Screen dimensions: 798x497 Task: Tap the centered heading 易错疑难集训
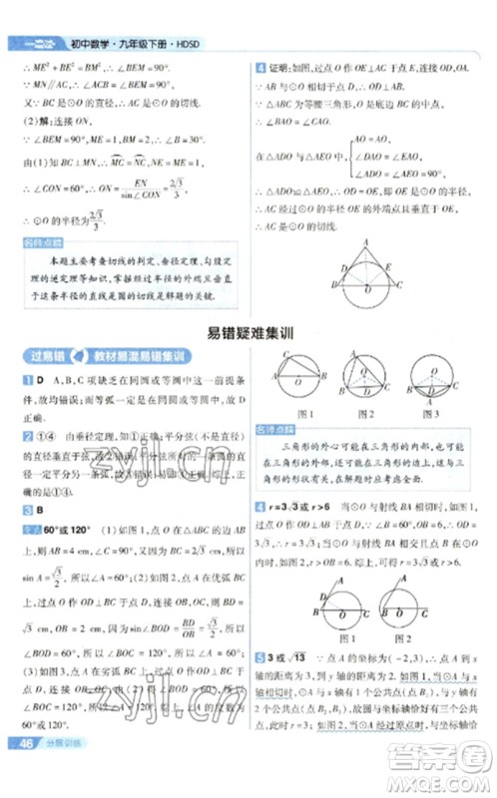248,336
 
